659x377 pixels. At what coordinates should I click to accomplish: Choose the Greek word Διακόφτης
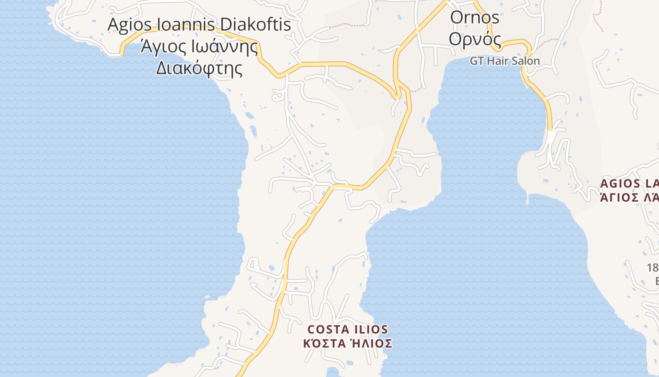point(199,69)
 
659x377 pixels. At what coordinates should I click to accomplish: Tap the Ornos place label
point(474,17)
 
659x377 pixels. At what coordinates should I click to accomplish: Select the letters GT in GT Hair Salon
point(476,61)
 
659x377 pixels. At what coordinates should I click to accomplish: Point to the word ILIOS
point(370,329)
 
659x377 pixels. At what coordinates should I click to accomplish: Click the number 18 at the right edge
point(652,268)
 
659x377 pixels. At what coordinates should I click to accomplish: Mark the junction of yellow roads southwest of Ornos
point(398,90)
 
